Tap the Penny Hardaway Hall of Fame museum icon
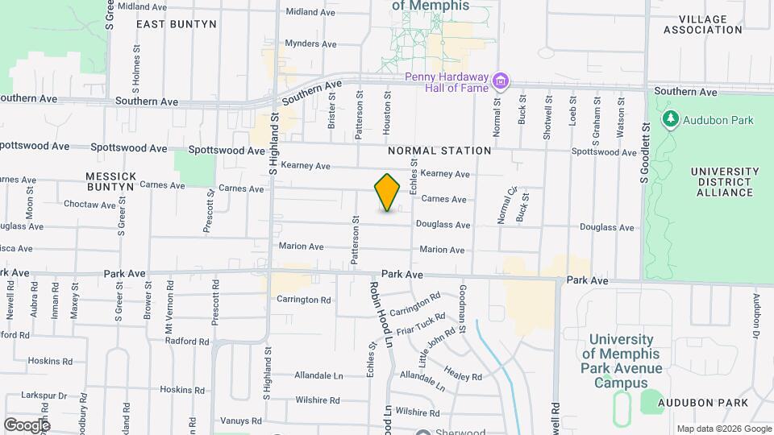[501, 81]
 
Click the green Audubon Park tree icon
[669, 120]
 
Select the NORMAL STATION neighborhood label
[439, 151]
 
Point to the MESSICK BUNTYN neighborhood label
[110, 180]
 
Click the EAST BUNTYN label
[176, 24]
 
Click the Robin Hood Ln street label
[381, 314]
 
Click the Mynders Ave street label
[310, 43]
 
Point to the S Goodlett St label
[646, 153]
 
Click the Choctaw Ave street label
[89, 205]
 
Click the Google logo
[27, 425]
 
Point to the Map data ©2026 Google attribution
[722, 429]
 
